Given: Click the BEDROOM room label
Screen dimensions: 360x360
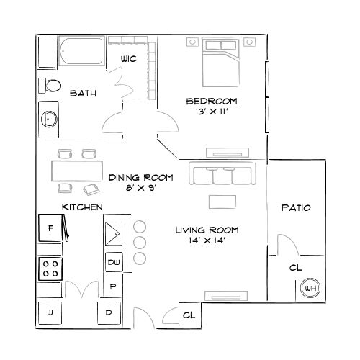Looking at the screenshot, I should pyautogui.click(x=212, y=101).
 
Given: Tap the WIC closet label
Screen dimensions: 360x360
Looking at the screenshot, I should pyautogui.click(x=130, y=59).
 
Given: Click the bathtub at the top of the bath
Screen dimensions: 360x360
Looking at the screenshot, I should pyautogui.click(x=81, y=53).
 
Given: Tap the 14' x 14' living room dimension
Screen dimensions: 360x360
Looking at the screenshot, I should pyautogui.click(x=207, y=240).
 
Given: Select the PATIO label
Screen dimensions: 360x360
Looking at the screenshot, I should pyautogui.click(x=295, y=208).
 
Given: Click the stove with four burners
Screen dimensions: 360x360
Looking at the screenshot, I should pyautogui.click(x=50, y=269).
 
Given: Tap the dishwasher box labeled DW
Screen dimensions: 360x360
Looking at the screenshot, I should pyautogui.click(x=114, y=263).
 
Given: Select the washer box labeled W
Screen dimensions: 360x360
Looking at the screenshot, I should pyautogui.click(x=50, y=313).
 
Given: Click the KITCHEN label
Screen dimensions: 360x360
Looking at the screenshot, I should pyautogui.click(x=81, y=207).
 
